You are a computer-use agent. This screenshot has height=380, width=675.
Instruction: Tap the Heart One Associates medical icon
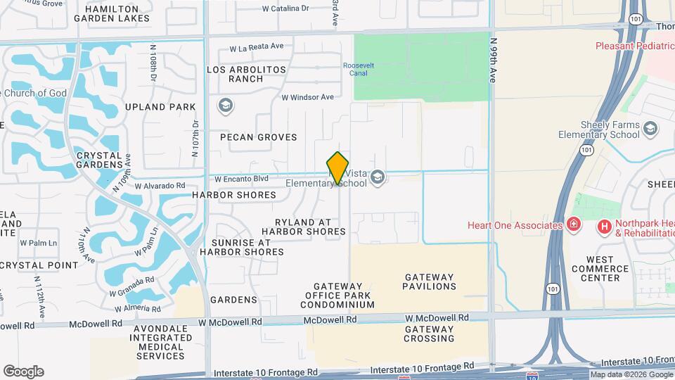[574, 225]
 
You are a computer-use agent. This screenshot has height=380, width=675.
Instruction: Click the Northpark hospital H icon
[603, 226]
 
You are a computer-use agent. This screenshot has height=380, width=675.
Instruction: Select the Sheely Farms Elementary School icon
[650, 128]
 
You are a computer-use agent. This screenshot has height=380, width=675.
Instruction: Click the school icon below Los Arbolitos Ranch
[225, 106]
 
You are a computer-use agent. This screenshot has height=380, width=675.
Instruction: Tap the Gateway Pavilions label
[429, 281]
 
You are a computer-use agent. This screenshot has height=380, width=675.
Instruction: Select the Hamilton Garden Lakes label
[117, 14]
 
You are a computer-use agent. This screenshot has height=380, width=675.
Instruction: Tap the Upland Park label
[160, 108]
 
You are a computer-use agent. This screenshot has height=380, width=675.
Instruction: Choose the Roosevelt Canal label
[358, 69]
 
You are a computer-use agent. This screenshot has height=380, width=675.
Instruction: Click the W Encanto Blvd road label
[242, 179]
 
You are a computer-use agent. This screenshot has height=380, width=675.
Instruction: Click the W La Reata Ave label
[257, 47]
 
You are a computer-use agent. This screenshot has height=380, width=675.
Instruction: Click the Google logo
[23, 372]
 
